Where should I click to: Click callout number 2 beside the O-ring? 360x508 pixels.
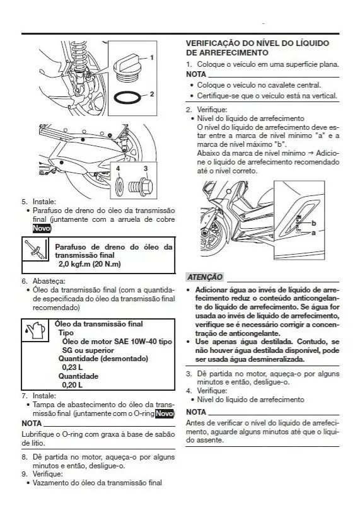pyautogui.click(x=153, y=95)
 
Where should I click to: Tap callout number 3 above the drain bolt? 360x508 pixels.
pyautogui.click(x=145, y=168)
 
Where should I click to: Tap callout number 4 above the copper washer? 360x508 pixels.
pyautogui.click(x=117, y=168)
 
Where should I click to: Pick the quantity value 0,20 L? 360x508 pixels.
pyautogui.click(x=72, y=384)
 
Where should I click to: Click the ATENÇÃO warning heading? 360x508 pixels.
pyautogui.click(x=205, y=277)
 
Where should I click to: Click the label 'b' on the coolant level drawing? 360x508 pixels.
pyautogui.click(x=313, y=224)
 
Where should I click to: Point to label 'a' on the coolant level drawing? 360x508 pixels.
pyautogui.click(x=313, y=233)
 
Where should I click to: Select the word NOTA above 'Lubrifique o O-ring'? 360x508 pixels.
pyautogui.click(x=32, y=423)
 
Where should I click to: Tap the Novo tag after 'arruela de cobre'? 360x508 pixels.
pyautogui.click(x=41, y=228)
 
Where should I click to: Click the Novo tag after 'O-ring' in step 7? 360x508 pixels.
pyautogui.click(x=165, y=413)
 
